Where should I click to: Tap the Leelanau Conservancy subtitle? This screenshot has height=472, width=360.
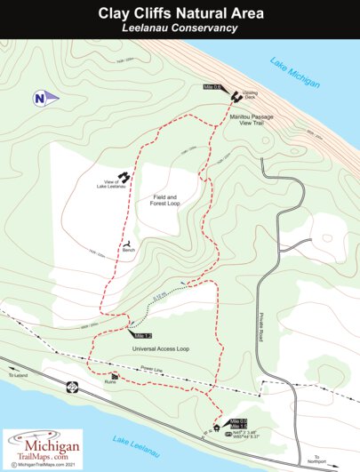pos(180,28)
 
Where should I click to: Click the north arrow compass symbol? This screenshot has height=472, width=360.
pos(43,97)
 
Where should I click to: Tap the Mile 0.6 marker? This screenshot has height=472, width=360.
pos(211,87)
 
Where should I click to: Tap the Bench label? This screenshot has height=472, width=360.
pos(129,252)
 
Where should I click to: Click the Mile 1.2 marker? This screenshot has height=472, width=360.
pos(141,336)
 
